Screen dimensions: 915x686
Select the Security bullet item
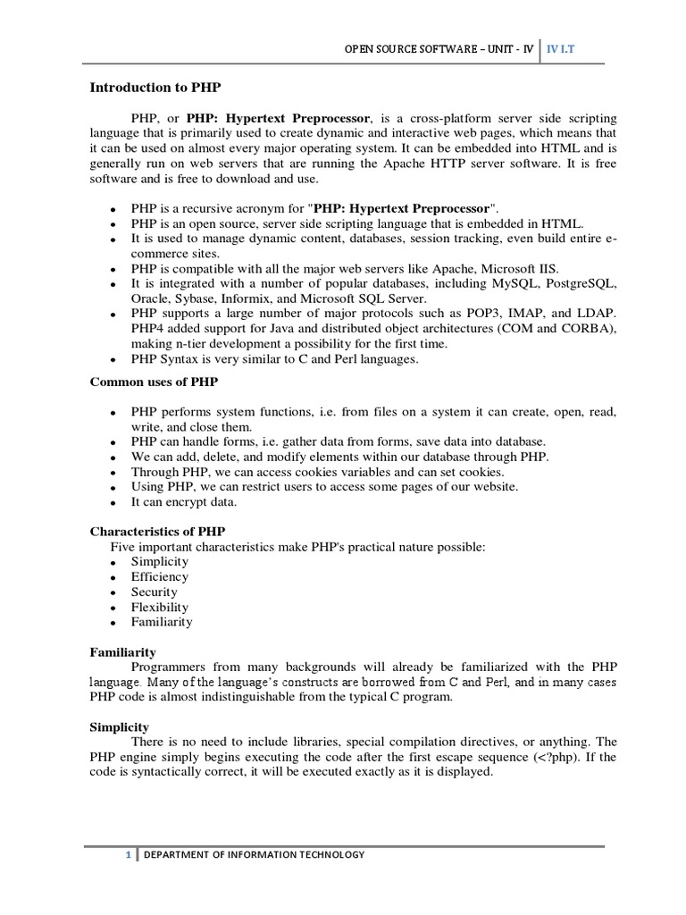click(x=154, y=592)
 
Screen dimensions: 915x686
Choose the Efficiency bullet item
click(x=159, y=576)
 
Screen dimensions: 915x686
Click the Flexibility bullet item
click(x=161, y=607)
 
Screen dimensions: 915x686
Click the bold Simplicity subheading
click(x=120, y=726)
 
